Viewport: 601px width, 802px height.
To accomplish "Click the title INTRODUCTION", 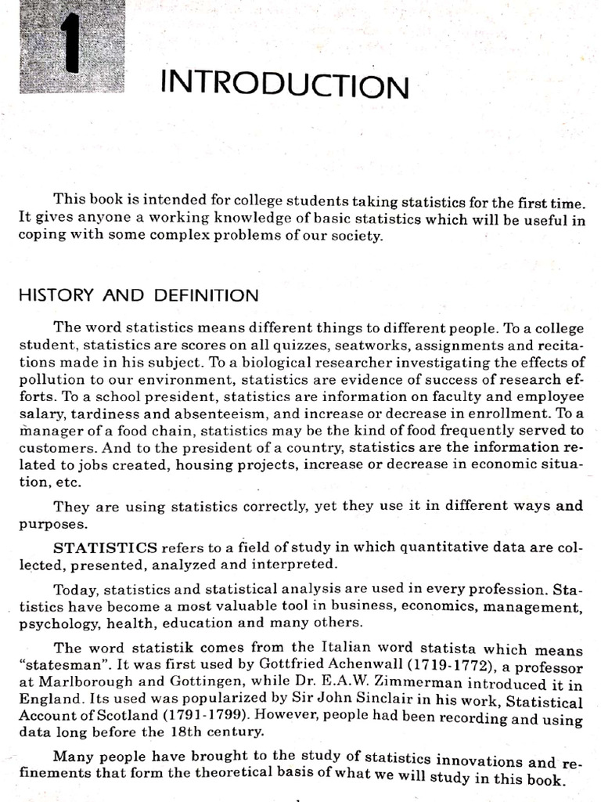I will [x=284, y=84].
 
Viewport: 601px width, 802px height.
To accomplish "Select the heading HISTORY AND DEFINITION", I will [x=138, y=295].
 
